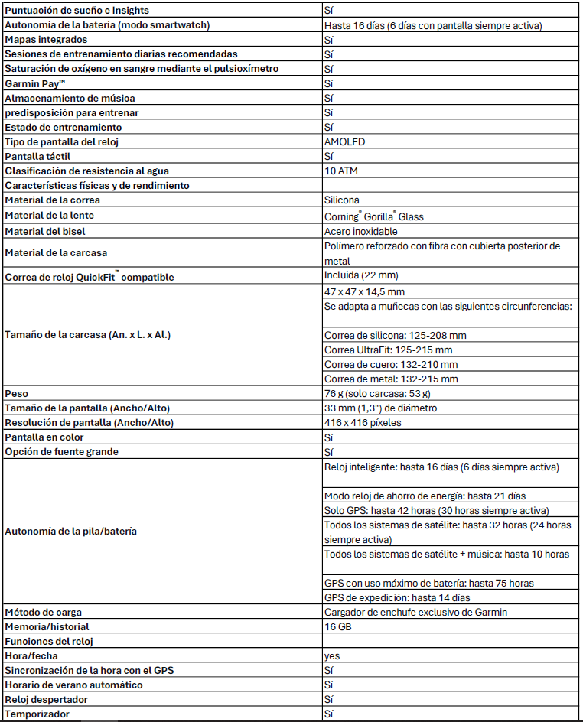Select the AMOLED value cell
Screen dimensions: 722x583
pos(344,142)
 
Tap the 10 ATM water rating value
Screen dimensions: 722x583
pos(341,171)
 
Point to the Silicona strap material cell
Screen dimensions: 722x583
pos(342,200)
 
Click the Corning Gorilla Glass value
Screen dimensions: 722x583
pos(373,216)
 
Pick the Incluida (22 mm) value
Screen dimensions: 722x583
pos(361,275)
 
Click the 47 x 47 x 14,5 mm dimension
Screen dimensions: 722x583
pos(364,292)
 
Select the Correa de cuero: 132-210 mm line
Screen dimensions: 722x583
pos(391,365)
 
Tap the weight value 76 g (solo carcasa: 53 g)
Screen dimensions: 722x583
pos(376,394)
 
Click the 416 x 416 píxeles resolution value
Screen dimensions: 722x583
pos(363,423)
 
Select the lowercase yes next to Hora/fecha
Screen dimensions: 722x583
pos(332,655)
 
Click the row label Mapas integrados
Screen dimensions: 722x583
pos(46,39)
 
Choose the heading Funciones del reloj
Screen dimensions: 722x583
pos(52,641)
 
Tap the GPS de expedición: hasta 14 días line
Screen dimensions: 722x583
pos(397,597)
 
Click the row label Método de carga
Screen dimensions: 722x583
pos(43,612)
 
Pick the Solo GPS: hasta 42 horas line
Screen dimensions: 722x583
pos(436,510)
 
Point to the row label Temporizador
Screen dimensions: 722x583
pos(37,714)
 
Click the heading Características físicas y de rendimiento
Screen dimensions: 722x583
pos(97,186)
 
